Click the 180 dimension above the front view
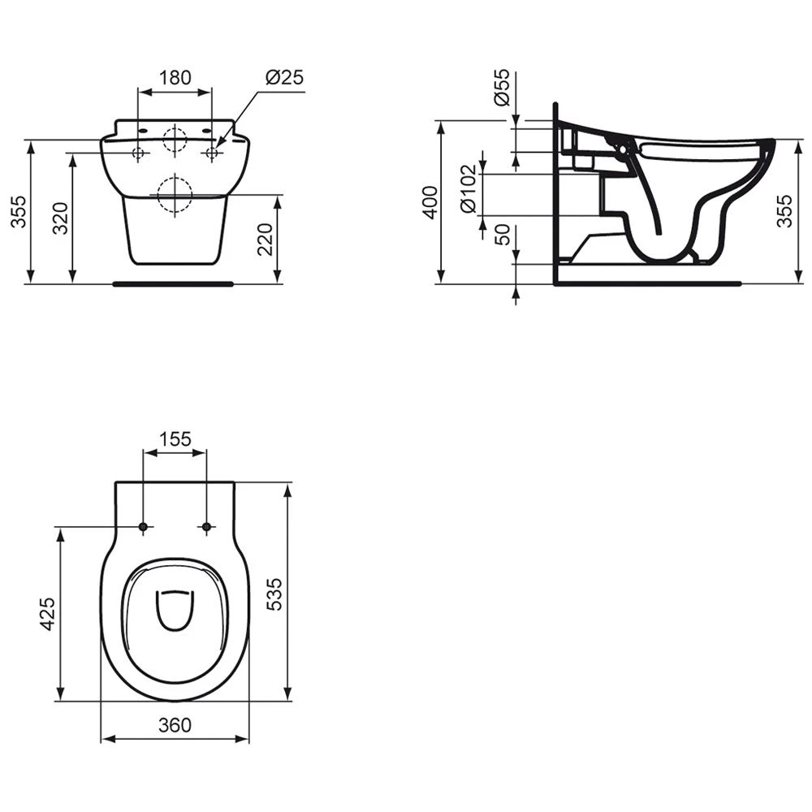[x=175, y=78]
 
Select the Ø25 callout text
[x=284, y=78]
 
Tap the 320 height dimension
[x=61, y=218]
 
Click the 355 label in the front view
[x=18, y=212]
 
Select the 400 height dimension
[x=430, y=201]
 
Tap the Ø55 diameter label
[x=503, y=88]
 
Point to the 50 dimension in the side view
[x=503, y=235]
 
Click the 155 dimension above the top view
[x=175, y=439]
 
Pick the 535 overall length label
[x=274, y=594]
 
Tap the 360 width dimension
[x=175, y=724]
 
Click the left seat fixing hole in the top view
[x=144, y=528]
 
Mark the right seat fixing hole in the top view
[x=206, y=528]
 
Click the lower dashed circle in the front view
[x=174, y=195]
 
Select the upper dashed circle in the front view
[x=175, y=140]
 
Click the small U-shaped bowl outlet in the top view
[x=175, y=610]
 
